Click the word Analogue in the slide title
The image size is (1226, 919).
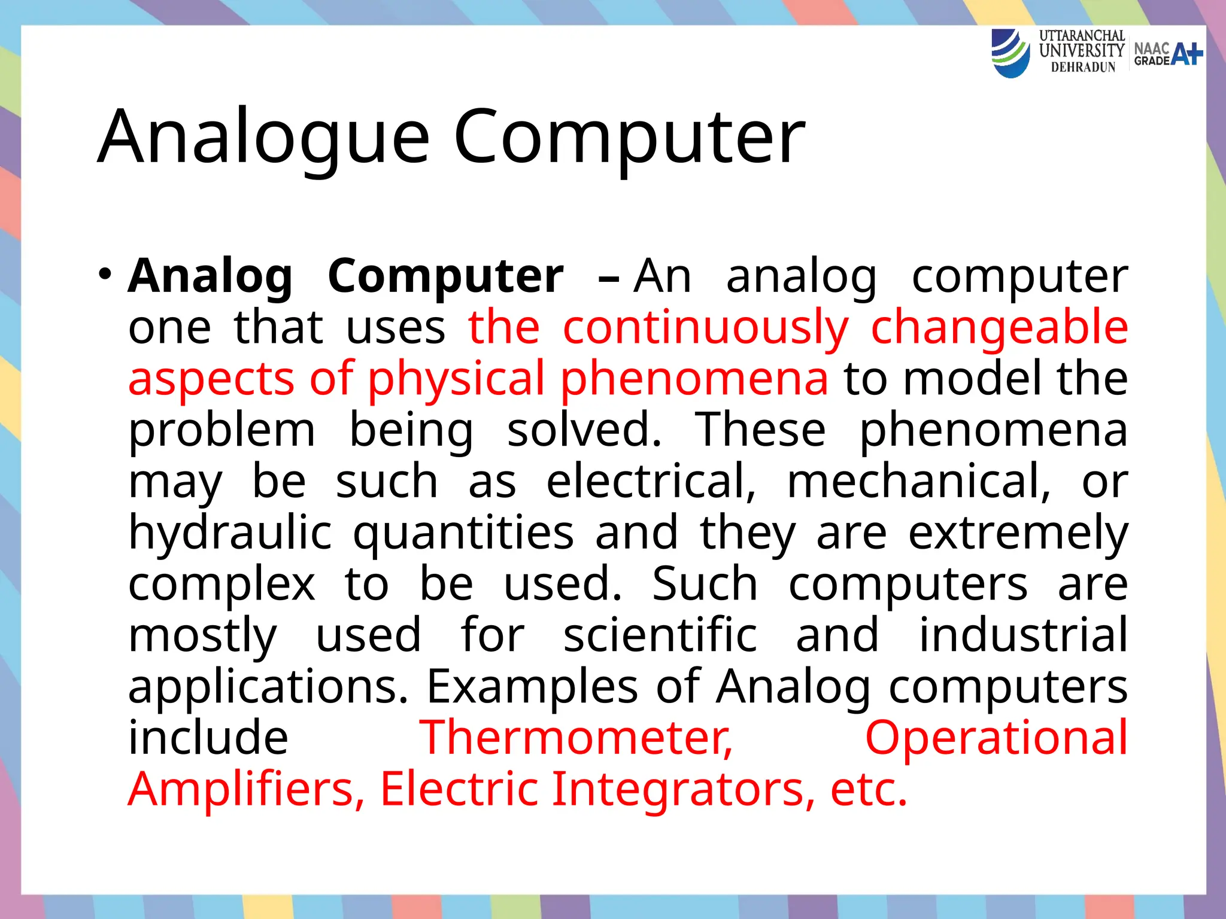pyautogui.click(x=263, y=136)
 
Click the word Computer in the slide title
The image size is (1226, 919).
pyautogui.click(x=629, y=136)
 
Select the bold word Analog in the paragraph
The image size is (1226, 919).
pyautogui.click(x=210, y=277)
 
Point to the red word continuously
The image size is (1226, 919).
pyautogui.click(x=705, y=328)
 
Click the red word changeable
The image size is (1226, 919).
pyautogui.click(x=999, y=328)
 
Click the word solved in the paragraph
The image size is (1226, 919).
pyautogui.click(x=584, y=430)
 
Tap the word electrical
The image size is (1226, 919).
pyautogui.click(x=651, y=482)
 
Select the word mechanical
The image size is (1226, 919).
pyautogui.click(x=918, y=482)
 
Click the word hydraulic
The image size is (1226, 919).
pyautogui.click(x=230, y=534)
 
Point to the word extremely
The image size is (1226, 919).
pyautogui.click(x=1018, y=534)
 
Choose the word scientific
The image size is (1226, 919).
pyautogui.click(x=660, y=635)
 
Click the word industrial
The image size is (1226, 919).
pyautogui.click(x=1022, y=635)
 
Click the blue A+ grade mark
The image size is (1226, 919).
pyautogui.click(x=1186, y=54)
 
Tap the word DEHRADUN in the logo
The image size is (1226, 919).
pyautogui.click(x=1083, y=68)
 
